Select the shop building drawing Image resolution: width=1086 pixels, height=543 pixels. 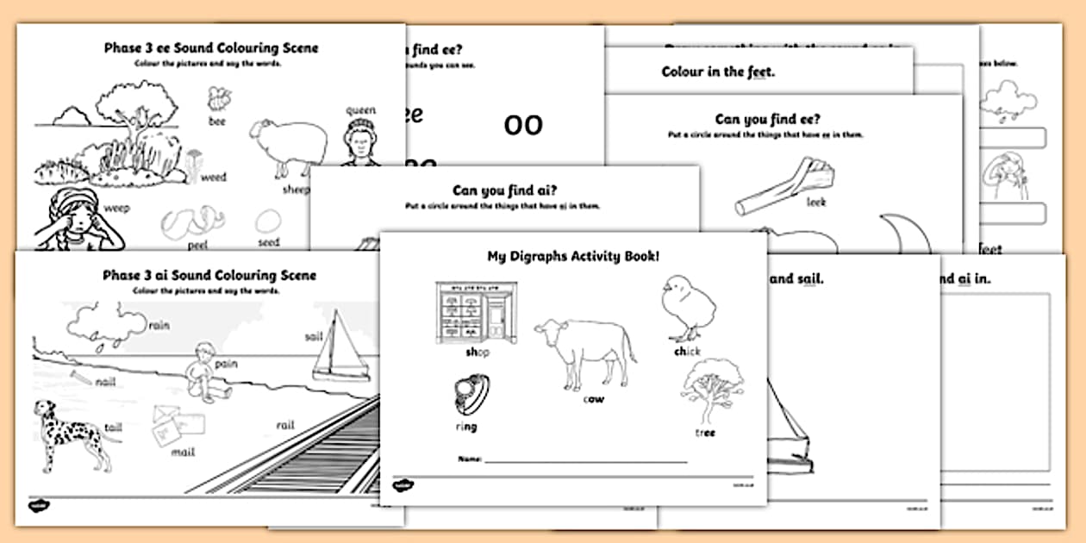coord(473,314)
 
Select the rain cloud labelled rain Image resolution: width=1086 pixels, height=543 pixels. coord(107,323)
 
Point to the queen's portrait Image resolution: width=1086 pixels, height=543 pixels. coord(361,142)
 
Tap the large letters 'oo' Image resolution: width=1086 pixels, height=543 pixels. coord(523,125)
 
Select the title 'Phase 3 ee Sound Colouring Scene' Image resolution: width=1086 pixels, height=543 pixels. coord(209,47)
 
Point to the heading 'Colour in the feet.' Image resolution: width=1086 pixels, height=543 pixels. coord(718,72)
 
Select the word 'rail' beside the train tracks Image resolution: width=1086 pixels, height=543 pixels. coord(285,425)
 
